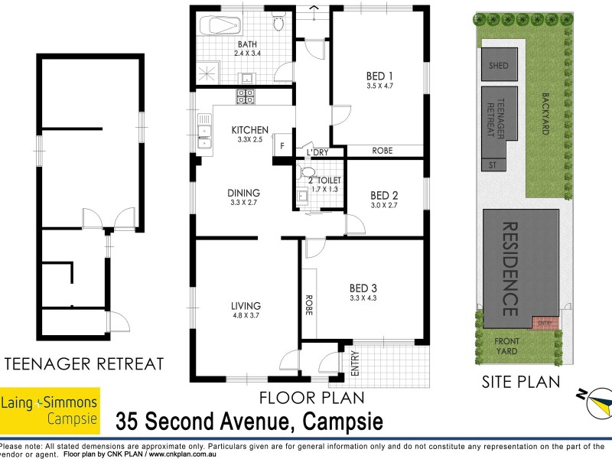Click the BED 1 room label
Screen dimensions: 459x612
pyautogui.click(x=380, y=76)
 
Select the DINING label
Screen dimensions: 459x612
pyautogui.click(x=243, y=193)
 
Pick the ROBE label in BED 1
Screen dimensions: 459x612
pyautogui.click(x=382, y=151)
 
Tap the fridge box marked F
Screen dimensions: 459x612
pyautogui.click(x=282, y=146)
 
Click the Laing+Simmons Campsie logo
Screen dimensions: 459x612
pyautogui.click(x=50, y=407)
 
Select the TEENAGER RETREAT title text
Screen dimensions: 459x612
pyautogui.click(x=84, y=363)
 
